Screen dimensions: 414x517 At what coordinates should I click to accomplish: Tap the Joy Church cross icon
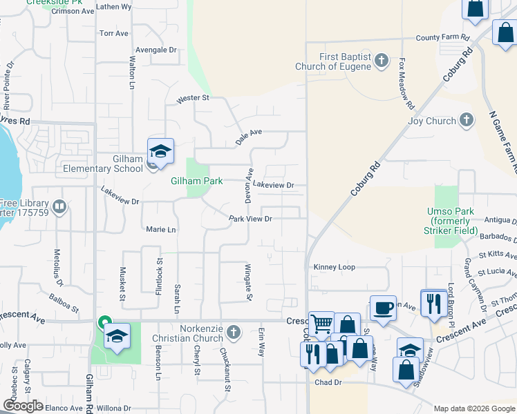467,121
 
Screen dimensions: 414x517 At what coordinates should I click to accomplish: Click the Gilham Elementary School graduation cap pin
160,151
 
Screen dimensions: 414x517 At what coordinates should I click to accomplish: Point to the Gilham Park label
197,181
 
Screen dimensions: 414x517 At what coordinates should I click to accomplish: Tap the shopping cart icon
321,324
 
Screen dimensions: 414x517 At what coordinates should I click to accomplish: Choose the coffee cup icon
383,308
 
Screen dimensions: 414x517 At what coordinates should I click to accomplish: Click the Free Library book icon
59,206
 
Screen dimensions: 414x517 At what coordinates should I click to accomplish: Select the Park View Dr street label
250,219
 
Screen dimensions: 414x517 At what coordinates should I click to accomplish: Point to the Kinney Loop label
334,266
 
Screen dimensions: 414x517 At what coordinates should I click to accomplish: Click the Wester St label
193,99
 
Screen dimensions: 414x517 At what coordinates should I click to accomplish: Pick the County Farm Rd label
442,37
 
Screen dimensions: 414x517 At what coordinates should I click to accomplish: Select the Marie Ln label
161,229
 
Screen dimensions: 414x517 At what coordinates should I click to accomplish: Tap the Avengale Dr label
156,50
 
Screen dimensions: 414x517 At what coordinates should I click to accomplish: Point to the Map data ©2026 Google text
473,408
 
